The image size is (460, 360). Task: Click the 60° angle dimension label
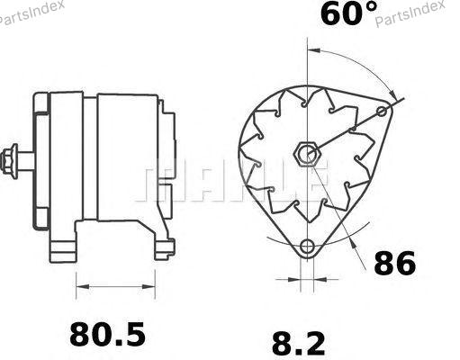pyautogui.click(x=349, y=13)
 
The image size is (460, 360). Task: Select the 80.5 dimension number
pyautogui.click(x=107, y=334)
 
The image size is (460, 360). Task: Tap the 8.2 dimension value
pyautogui.click(x=298, y=344)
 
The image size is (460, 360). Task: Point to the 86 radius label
pyautogui.click(x=394, y=263)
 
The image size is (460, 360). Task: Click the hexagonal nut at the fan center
pyautogui.click(x=307, y=154)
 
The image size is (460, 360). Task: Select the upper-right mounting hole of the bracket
pyautogui.click(x=382, y=112)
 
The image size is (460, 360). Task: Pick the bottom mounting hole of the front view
pyautogui.click(x=307, y=247)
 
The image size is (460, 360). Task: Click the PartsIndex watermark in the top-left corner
pyautogui.click(x=32, y=13)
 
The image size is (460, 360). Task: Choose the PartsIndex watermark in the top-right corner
pyautogui.click(x=410, y=13)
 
